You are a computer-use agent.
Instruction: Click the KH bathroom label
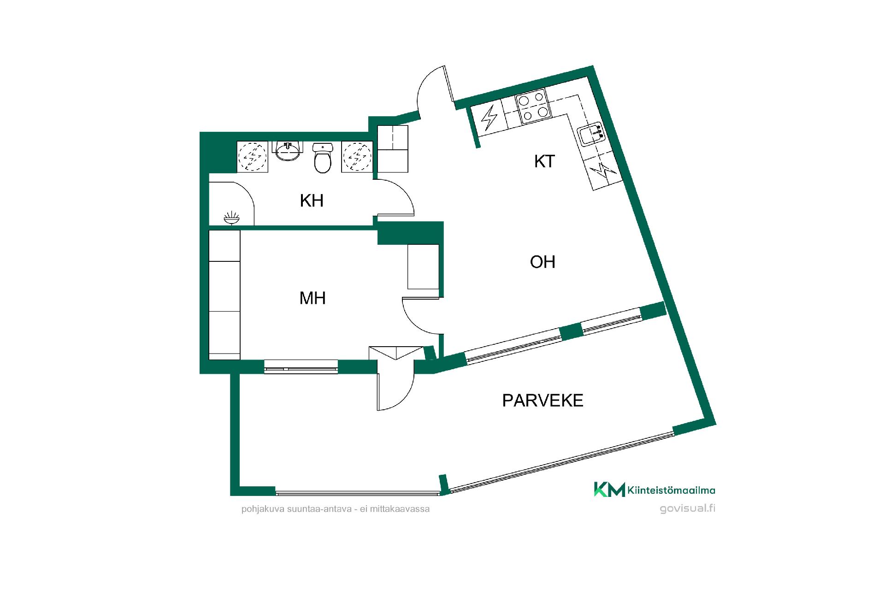click(x=312, y=201)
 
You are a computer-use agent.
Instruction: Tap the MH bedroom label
click(x=313, y=298)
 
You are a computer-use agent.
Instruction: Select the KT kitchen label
click(x=544, y=161)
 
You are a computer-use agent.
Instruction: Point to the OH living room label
click(x=543, y=262)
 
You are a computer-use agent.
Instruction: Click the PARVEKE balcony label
click(x=543, y=401)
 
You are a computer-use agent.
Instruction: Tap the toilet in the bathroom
click(x=322, y=158)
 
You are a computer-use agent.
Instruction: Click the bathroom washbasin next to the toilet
click(x=288, y=152)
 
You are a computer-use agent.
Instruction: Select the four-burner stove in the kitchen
click(x=533, y=107)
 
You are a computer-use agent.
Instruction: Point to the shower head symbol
click(x=231, y=218)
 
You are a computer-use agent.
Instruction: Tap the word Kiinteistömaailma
click(x=672, y=491)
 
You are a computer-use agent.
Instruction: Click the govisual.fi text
click(x=688, y=508)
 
